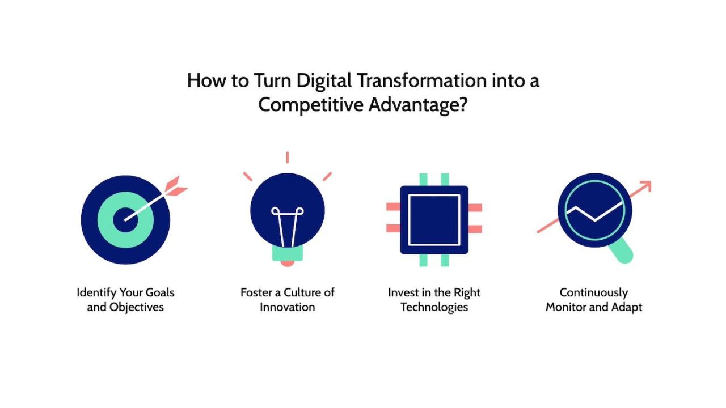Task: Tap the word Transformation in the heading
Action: pyautogui.click(x=421, y=81)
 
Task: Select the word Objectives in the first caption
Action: pyautogui.click(x=137, y=307)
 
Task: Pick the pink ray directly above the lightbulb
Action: pyautogui.click(x=288, y=157)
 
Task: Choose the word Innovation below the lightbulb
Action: pyautogui.click(x=287, y=307)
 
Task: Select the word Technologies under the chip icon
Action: pyautogui.click(x=434, y=307)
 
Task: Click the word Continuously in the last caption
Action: pyautogui.click(x=594, y=293)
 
